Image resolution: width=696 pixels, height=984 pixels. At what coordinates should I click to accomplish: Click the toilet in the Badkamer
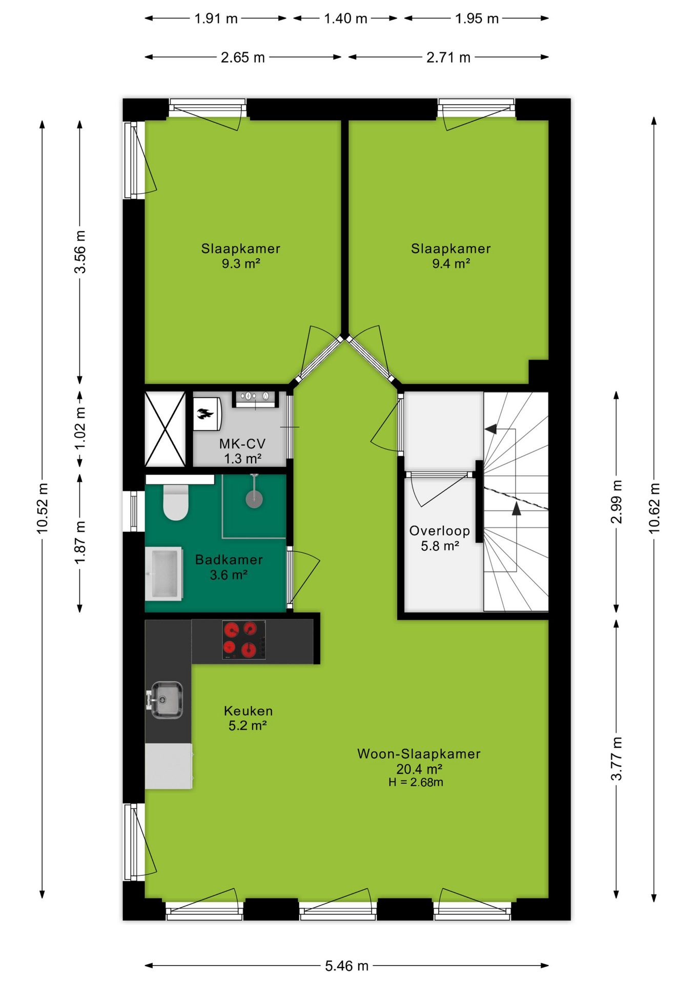pos(176,502)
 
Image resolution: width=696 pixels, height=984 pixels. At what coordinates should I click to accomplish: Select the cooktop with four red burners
pos(244,640)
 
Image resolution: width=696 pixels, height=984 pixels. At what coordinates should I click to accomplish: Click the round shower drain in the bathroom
pos(254,498)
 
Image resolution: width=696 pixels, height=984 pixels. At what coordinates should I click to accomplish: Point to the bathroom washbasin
pos(164,573)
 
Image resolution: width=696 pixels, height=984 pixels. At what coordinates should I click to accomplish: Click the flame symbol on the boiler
pos(205,414)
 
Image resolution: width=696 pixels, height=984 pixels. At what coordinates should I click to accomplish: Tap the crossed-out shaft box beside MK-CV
pos(165,429)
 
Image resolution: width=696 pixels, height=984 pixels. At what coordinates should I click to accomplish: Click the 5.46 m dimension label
pos(346,966)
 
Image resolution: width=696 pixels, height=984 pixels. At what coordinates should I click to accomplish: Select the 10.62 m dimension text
pos(654,508)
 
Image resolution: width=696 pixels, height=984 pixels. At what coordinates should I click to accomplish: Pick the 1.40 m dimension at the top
pos(346,18)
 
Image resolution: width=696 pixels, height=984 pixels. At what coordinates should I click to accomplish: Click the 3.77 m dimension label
pos(617,758)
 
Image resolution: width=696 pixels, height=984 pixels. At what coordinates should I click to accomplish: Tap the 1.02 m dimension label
pos(80,428)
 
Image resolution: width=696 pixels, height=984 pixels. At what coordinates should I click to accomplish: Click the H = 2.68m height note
pos(416,782)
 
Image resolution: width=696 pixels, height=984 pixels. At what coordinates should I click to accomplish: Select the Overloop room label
pos(440,531)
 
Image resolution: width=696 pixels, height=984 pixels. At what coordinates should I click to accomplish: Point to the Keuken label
pos(249,711)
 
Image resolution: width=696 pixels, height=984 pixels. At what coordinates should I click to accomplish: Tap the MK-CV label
pos(242,444)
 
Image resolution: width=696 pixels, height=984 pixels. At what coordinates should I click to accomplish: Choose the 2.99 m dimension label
pos(617,502)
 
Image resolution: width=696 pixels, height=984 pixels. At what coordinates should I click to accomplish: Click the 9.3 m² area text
pos(241,263)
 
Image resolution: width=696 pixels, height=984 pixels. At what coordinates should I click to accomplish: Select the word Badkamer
pos(229,560)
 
